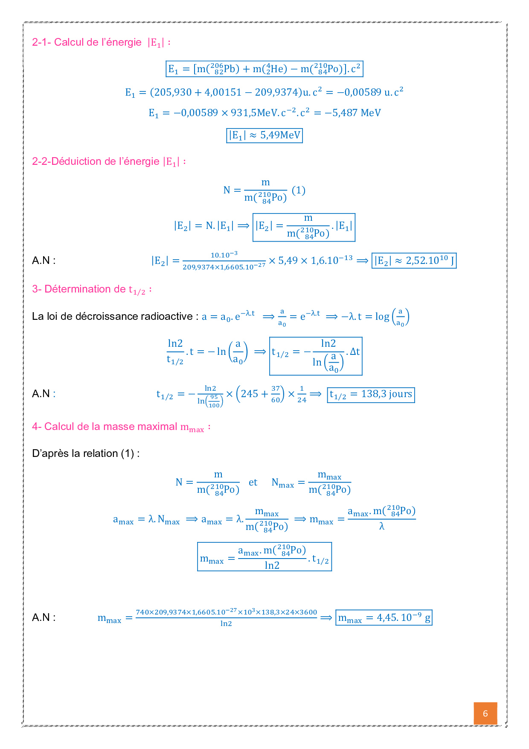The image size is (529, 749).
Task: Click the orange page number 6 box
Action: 485,714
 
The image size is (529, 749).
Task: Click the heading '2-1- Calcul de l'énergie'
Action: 87,42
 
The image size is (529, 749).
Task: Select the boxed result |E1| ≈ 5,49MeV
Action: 264,135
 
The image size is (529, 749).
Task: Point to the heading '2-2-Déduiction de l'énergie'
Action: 96,161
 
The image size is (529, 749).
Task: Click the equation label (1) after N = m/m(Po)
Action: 299,190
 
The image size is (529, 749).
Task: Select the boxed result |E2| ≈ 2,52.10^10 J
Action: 414,260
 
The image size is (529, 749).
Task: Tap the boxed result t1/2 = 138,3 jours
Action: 371,394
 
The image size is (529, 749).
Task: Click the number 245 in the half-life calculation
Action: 250,394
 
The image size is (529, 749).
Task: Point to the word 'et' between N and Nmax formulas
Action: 253,483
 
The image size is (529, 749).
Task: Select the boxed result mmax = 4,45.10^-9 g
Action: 384,617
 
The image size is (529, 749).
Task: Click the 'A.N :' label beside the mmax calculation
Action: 44,617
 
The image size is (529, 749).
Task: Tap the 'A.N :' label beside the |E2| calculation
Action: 44,260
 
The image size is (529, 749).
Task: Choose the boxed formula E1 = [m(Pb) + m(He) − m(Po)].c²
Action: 264,69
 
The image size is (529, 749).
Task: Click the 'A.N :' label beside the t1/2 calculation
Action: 44,394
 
